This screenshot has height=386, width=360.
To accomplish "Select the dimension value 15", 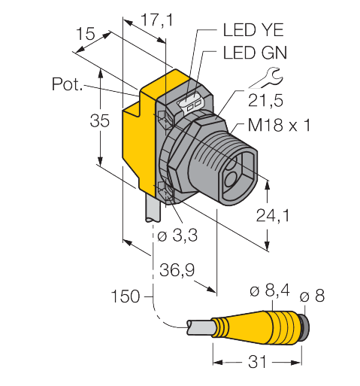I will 86,35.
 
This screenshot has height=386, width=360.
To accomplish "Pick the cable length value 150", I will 126,296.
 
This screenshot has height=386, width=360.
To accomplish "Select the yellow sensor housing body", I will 139,150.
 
